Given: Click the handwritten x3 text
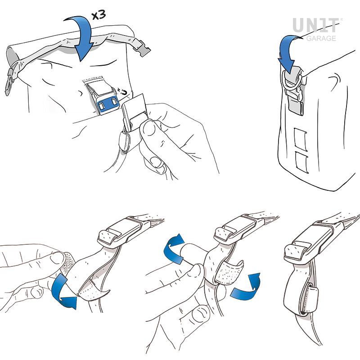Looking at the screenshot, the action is [x=99, y=15].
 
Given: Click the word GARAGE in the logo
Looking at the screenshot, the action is [x=321, y=38].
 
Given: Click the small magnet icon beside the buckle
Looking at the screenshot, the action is [x=123, y=91].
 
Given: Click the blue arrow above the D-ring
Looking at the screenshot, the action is [x=287, y=52].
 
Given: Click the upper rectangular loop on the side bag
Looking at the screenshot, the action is [x=300, y=139].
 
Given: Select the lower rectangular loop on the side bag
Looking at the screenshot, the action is [x=301, y=162].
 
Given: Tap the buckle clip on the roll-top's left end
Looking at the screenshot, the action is [x=10, y=81].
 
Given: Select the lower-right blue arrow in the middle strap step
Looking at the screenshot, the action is [x=246, y=288].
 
